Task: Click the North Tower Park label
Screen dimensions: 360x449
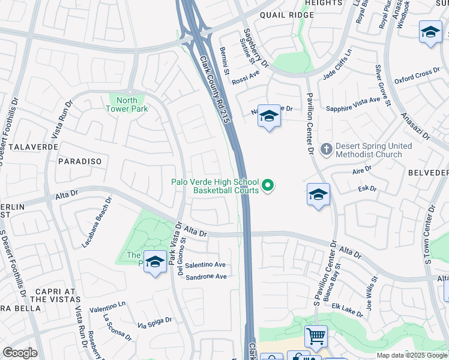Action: [x=127, y=104]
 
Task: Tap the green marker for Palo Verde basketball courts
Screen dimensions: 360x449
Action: [x=268, y=187]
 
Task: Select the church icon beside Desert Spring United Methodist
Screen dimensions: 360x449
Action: [x=326, y=148]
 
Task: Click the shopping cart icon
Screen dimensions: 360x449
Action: [x=316, y=337]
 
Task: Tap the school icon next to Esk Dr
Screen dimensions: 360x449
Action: [x=318, y=195]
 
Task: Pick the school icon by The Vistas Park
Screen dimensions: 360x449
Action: [x=155, y=262]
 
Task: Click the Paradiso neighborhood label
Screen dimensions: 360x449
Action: [x=80, y=162]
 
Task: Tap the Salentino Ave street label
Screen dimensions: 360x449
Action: [x=205, y=265]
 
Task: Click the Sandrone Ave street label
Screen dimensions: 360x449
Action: [x=206, y=277]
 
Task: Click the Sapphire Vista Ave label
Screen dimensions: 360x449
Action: [x=353, y=104]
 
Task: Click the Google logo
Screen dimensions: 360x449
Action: [x=19, y=353]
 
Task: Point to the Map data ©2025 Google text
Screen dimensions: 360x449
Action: [x=412, y=355]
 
